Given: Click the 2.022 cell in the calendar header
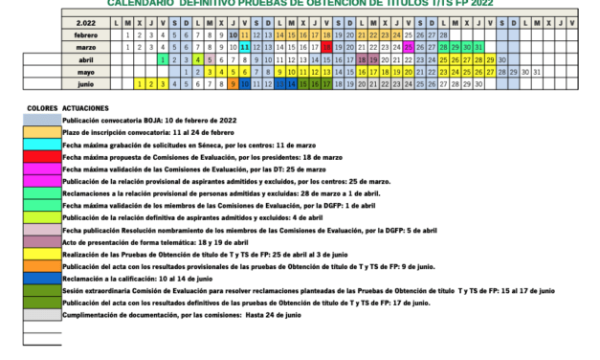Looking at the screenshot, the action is coord(85,21).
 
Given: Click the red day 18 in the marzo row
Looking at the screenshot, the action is coord(327,46).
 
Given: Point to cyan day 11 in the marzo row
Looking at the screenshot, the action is coord(245,46).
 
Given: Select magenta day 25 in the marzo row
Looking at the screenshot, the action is coord(409,46).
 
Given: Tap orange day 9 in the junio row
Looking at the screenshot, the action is coord(233,83).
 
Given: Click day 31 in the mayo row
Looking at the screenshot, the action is coord(537,71).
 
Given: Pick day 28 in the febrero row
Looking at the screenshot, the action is coord(443,34).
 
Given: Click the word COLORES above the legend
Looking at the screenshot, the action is coord(43,108).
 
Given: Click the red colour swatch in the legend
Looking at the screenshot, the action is coord(42,156).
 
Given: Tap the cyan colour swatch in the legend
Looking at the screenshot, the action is coord(42,144).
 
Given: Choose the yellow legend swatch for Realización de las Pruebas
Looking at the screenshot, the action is coord(42,254).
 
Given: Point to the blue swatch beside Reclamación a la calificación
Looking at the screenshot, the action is coord(42,279).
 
